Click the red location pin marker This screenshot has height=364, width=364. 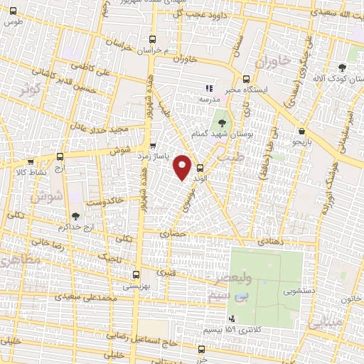[183, 166]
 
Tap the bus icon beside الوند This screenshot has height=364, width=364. [200, 168]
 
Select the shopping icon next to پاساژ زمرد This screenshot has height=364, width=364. [153, 146]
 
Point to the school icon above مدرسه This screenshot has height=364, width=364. [209, 88]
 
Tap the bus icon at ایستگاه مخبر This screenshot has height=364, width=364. [247, 79]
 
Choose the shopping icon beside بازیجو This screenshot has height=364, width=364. [304, 131]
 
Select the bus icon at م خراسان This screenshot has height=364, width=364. [151, 40]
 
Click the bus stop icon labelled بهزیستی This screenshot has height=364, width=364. [136, 273]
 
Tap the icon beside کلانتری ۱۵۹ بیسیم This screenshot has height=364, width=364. [232, 318]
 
